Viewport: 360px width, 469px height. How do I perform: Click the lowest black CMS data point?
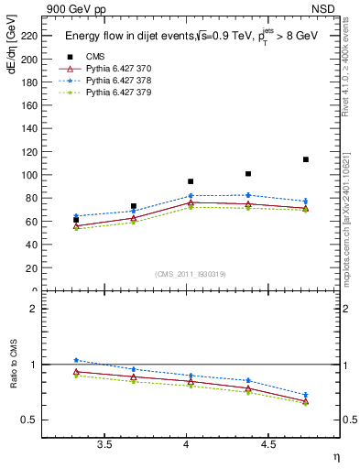[76, 220]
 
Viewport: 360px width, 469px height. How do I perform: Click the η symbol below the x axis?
[335, 456]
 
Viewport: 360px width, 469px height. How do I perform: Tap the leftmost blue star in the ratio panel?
[76, 360]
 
